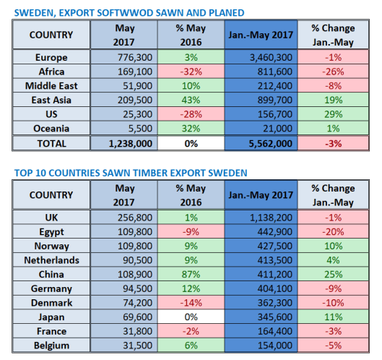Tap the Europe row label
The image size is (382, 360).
click(x=51, y=58)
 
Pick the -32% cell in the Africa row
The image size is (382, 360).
click(x=191, y=72)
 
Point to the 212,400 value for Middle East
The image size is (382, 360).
click(x=261, y=86)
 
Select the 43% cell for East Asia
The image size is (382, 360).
click(x=191, y=100)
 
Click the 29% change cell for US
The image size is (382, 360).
click(x=333, y=114)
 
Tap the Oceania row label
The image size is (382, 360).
click(x=51, y=129)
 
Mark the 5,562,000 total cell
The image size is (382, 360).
click(x=261, y=143)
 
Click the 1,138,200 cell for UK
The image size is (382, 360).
click(x=261, y=218)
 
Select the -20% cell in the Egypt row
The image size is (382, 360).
click(x=333, y=232)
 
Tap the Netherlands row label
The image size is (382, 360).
click(x=51, y=260)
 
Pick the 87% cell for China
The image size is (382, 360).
click(x=191, y=275)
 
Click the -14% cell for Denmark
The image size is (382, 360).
click(x=191, y=303)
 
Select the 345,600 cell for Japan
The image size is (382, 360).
click(x=261, y=317)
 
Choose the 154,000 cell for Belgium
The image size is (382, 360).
click(x=261, y=346)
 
